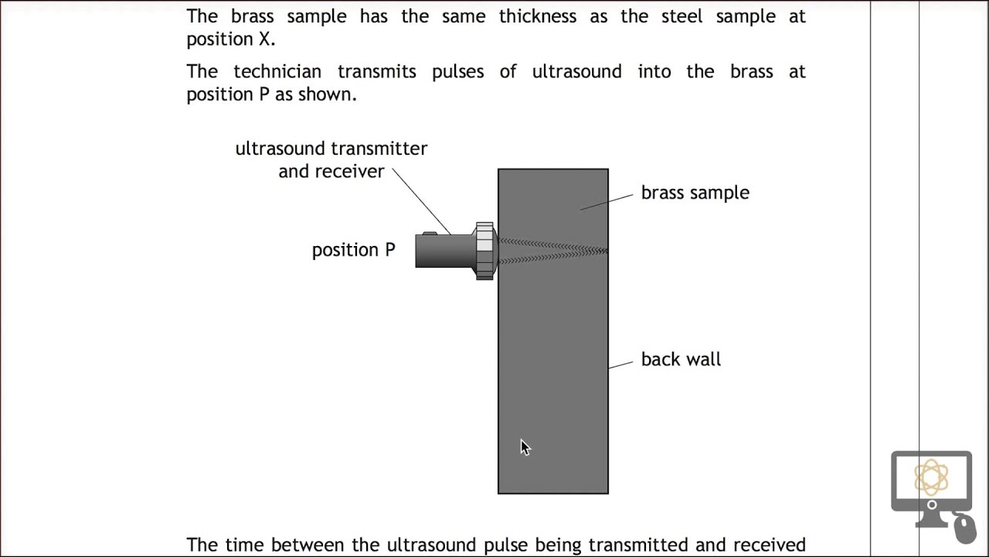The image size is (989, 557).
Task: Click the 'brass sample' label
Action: click(x=695, y=193)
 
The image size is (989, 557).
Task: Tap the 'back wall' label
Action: click(x=680, y=359)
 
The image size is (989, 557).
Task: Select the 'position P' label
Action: click(x=353, y=250)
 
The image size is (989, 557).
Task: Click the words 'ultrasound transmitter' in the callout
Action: click(x=331, y=149)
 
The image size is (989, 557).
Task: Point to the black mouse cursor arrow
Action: click(x=525, y=447)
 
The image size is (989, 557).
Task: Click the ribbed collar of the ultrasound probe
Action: click(x=484, y=251)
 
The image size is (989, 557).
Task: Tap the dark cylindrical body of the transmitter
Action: click(x=444, y=251)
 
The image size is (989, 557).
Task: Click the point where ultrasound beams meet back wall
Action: click(x=607, y=251)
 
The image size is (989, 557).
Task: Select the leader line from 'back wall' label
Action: click(x=620, y=364)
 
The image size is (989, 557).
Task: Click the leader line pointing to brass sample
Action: click(x=607, y=202)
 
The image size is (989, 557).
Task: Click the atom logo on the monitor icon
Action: click(x=931, y=477)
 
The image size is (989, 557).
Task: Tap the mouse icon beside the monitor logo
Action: click(x=964, y=528)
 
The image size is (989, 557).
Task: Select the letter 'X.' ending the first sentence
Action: click(x=267, y=39)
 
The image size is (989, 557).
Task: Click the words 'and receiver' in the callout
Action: click(x=331, y=172)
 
